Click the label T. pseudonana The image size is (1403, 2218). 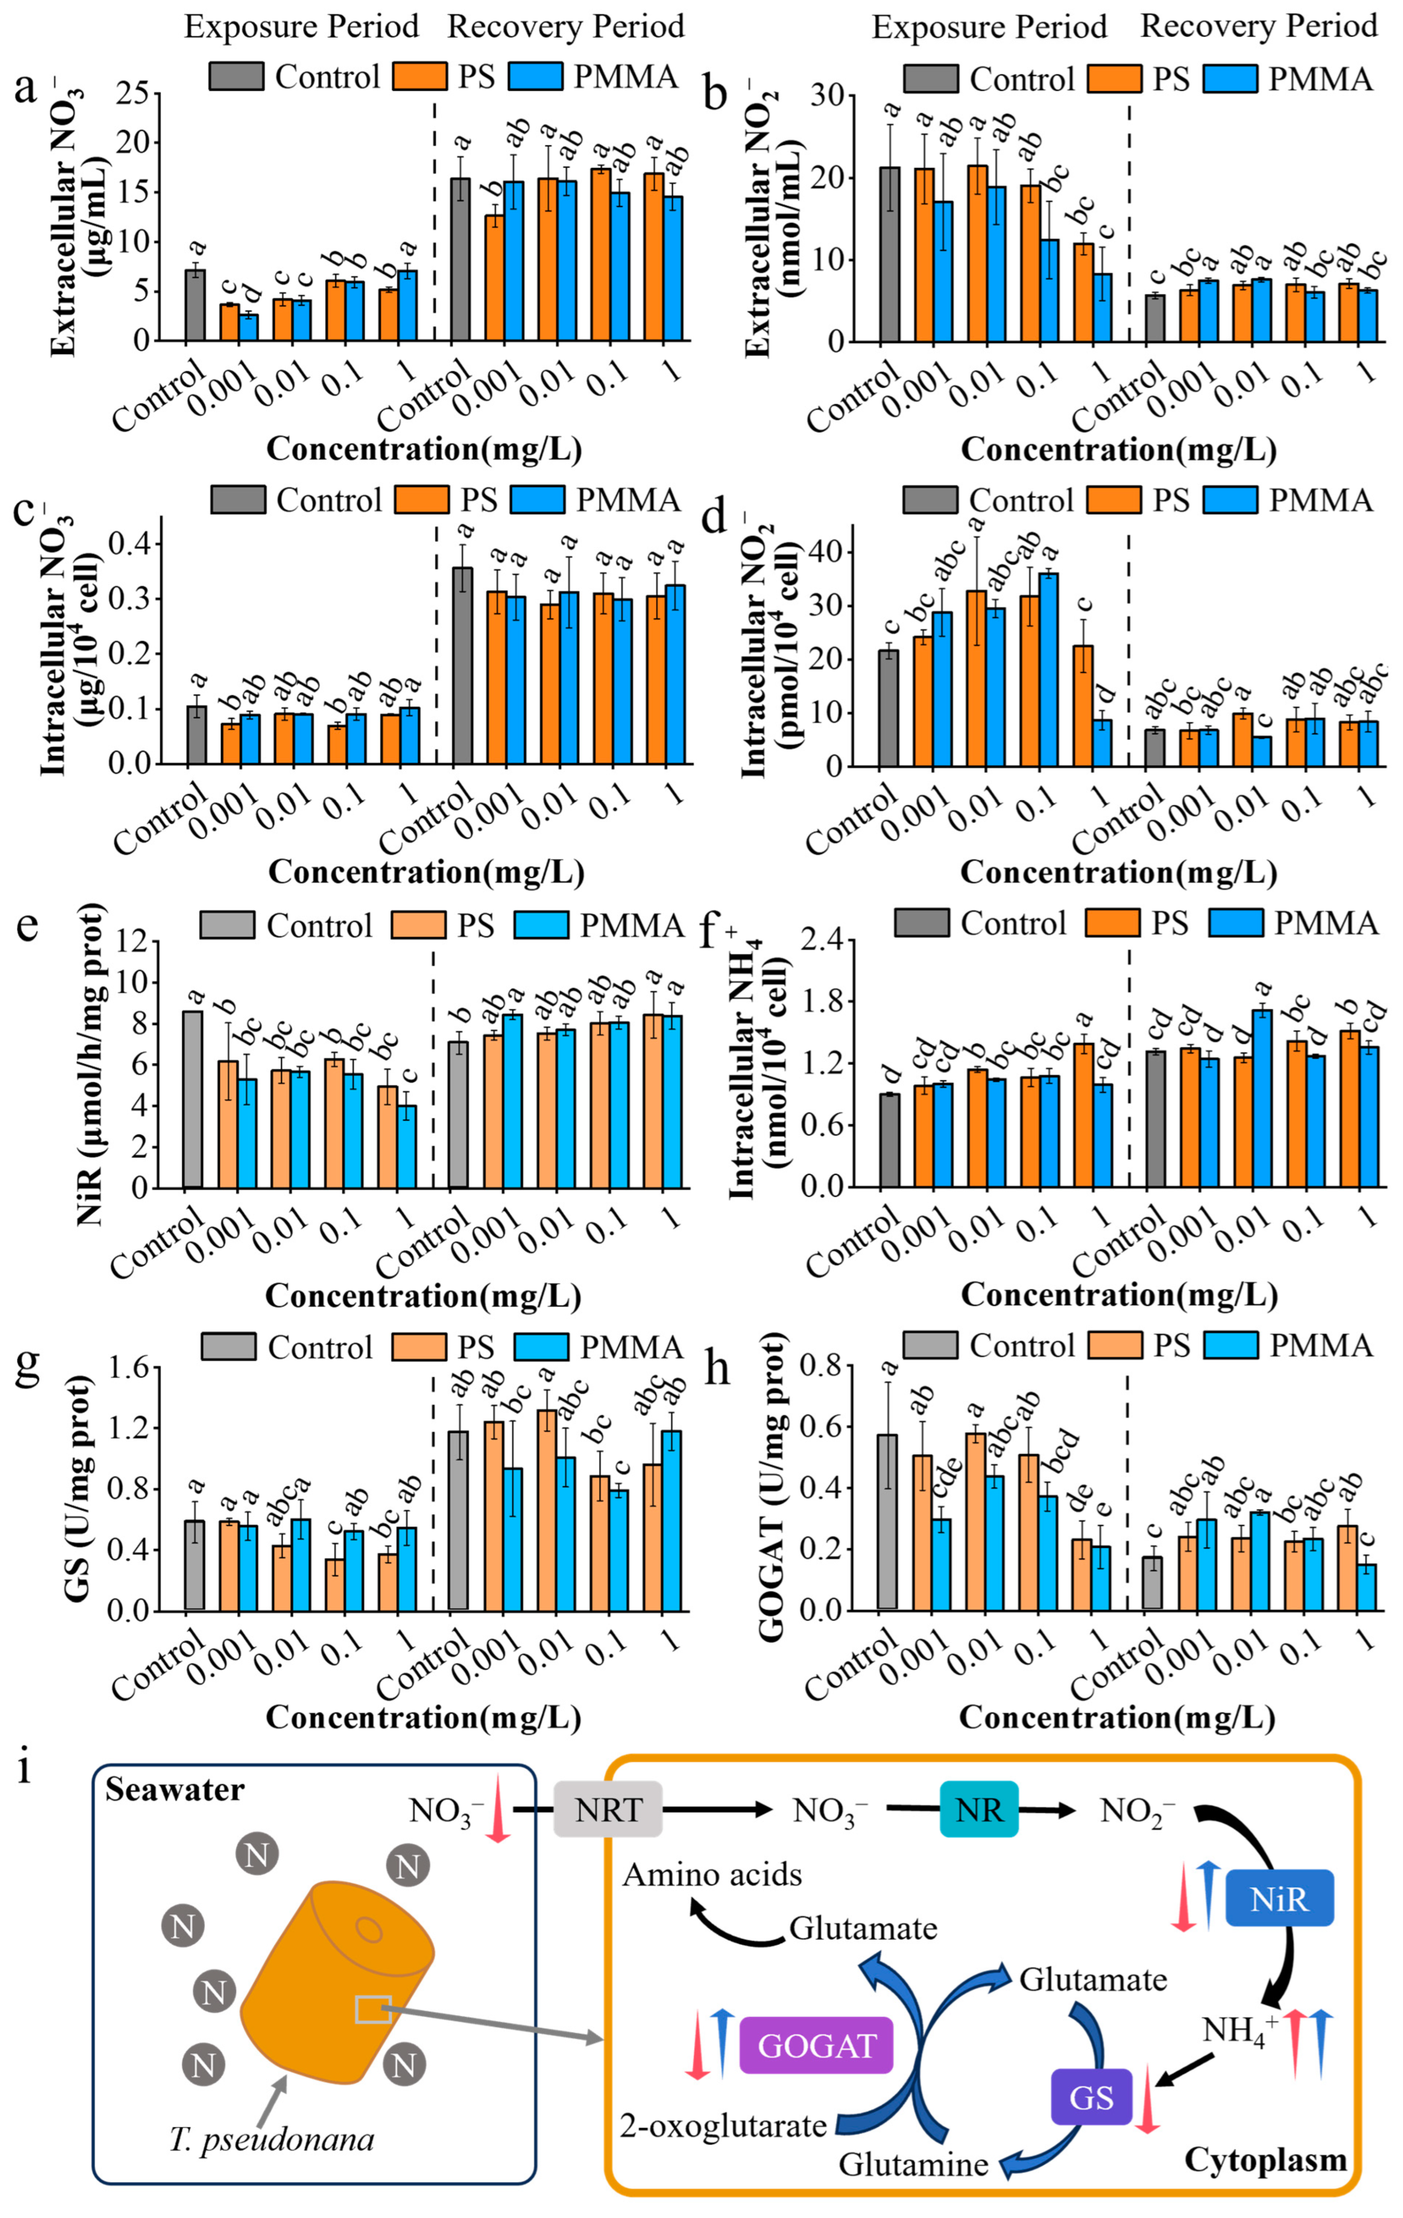[x=272, y=2139]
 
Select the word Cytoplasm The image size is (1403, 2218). [x=1265, y=2159]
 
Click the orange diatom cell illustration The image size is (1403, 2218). [x=336, y=1981]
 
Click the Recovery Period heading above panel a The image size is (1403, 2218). [x=566, y=27]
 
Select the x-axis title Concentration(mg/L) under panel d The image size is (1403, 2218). [x=1118, y=871]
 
